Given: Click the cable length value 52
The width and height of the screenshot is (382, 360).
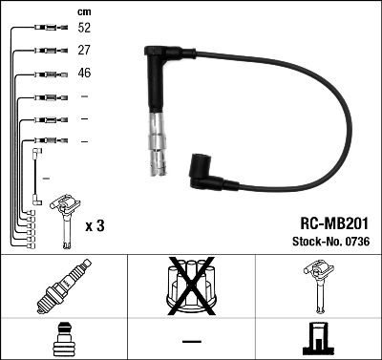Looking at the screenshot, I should click(x=84, y=29).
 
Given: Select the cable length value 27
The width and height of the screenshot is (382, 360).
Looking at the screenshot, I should click(x=84, y=50).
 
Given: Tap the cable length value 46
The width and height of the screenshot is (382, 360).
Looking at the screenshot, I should click(x=84, y=73).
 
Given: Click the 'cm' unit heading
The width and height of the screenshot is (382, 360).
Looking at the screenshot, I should click(x=83, y=11).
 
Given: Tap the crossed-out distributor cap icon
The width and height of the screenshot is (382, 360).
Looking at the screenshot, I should click(x=191, y=287).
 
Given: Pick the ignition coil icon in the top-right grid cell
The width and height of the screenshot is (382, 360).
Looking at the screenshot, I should click(x=318, y=287).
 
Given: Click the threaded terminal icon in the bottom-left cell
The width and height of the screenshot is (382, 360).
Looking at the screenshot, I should click(x=63, y=339).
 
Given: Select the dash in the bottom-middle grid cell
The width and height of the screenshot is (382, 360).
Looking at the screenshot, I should click(x=191, y=340).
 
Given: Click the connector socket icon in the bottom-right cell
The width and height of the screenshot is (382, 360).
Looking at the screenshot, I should click(x=318, y=339).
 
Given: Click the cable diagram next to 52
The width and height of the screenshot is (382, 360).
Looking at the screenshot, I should click(x=48, y=29).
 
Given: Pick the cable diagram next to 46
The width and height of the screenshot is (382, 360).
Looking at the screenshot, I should click(x=48, y=74).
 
